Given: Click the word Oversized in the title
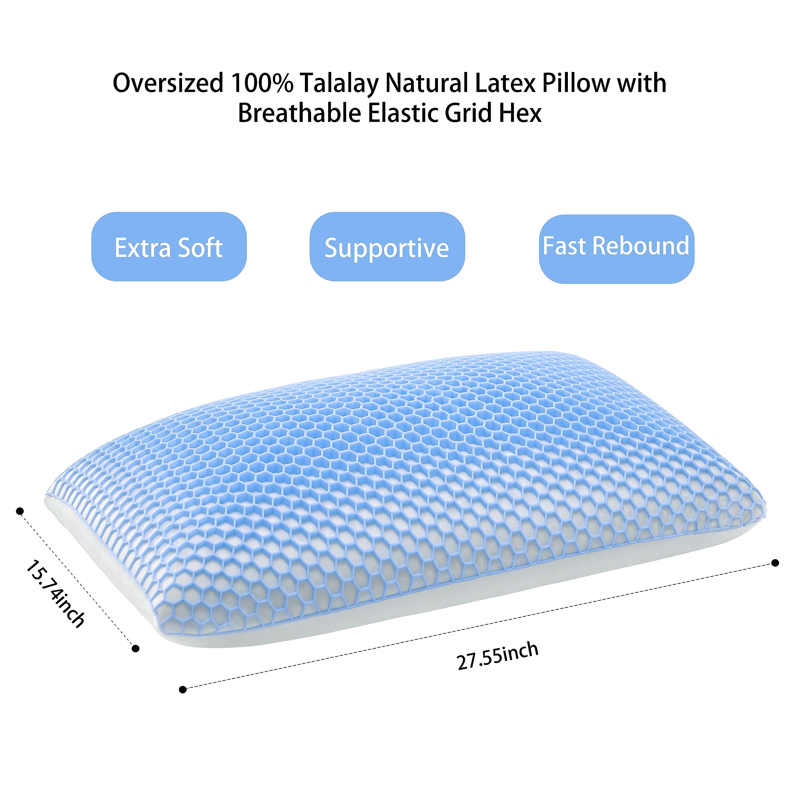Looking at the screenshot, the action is (x=168, y=83).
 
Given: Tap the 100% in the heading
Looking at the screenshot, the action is (x=262, y=83).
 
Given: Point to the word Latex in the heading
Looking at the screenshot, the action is (x=505, y=83).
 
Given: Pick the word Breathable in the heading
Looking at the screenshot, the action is (x=299, y=113).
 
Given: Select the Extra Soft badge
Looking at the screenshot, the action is (x=169, y=247).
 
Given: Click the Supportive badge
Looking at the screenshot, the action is (x=387, y=247).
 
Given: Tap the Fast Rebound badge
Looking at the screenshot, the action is (x=617, y=249).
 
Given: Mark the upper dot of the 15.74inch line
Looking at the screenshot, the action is (x=19, y=511).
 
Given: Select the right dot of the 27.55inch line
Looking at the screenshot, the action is (x=775, y=563).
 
